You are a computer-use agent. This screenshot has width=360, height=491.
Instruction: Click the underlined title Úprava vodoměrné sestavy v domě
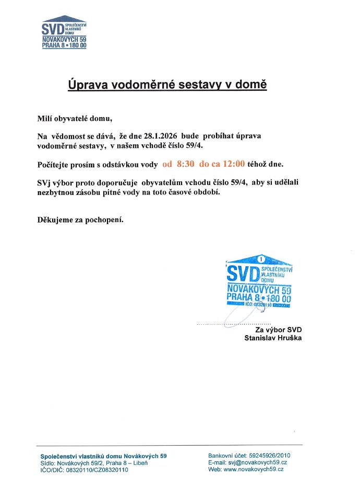167,84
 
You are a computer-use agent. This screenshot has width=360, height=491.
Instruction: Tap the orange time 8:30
186,164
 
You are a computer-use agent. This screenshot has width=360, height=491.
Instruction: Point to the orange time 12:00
234,164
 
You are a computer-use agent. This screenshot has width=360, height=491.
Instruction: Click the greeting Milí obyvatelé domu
75,118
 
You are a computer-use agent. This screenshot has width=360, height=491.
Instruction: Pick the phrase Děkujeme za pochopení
80,219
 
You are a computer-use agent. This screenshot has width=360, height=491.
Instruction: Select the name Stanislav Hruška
273,338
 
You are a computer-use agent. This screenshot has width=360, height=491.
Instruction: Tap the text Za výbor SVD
278,329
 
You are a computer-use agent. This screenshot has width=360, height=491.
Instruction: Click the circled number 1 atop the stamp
260,258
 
